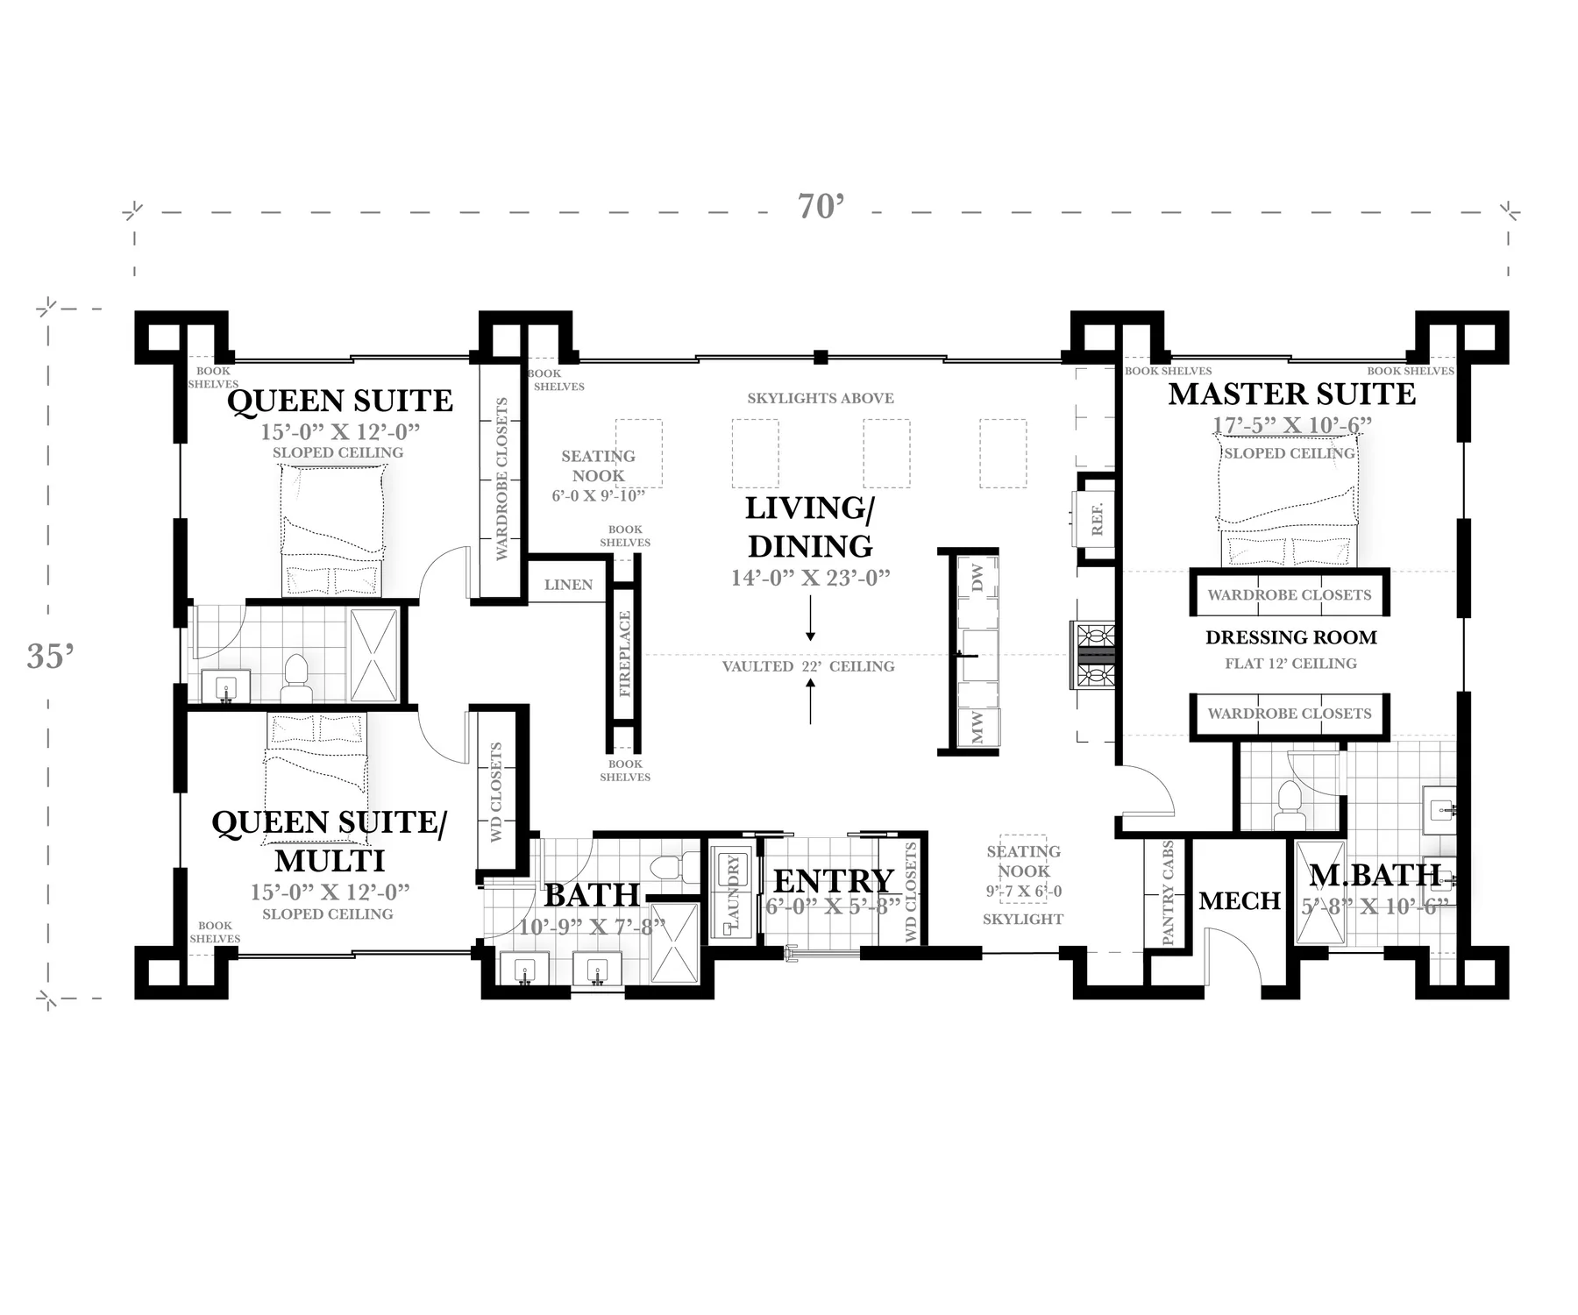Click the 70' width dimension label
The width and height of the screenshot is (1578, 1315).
[x=821, y=207]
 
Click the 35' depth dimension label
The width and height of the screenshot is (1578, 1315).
[x=50, y=656]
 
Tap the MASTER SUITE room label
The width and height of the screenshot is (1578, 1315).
[x=1291, y=394]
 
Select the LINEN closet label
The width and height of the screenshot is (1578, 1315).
[x=568, y=585]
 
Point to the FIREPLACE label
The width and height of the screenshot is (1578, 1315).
[x=624, y=654]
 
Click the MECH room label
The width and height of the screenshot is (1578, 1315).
[x=1240, y=900]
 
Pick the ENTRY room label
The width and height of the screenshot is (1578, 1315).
[x=833, y=880]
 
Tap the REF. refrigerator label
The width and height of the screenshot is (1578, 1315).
[x=1097, y=520]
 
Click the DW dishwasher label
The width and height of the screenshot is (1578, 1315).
[x=977, y=577]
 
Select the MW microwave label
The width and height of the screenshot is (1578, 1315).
[x=977, y=728]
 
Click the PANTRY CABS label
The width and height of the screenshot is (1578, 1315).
[x=1167, y=893]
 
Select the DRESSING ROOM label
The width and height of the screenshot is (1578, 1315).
[x=1290, y=637]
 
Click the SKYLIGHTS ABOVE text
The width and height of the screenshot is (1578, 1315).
[x=821, y=398]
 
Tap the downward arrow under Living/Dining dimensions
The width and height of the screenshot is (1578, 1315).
[x=810, y=618]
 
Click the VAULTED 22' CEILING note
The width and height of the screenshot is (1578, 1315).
[x=808, y=666]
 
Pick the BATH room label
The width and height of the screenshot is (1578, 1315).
[x=592, y=895]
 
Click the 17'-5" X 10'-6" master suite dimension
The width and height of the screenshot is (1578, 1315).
[x=1291, y=425]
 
